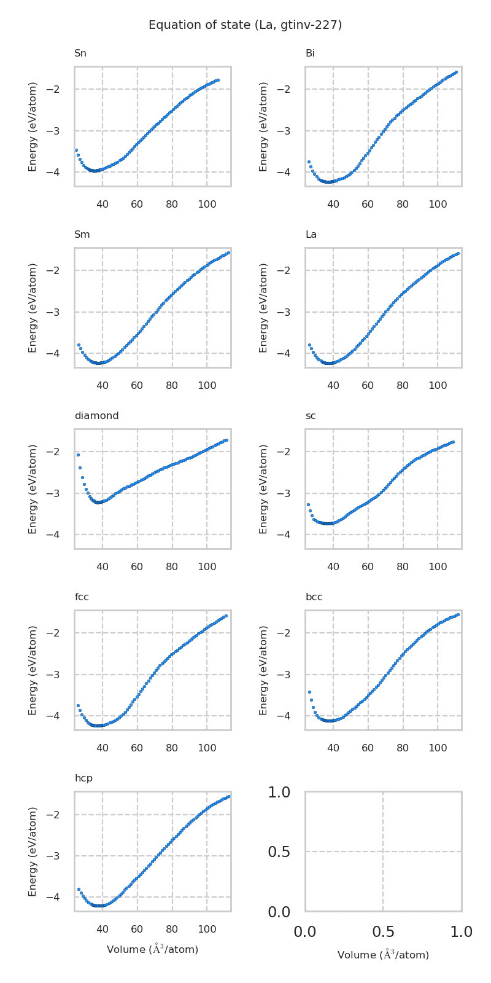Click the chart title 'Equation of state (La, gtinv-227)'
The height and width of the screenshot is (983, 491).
(245, 25)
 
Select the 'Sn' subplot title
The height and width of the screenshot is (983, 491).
(80, 53)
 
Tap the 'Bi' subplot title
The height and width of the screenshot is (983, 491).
(310, 53)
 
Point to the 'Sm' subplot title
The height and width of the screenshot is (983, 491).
(82, 235)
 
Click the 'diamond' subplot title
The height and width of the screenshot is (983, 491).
(96, 416)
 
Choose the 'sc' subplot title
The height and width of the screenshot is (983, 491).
(311, 416)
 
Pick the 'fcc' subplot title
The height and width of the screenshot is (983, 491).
(82, 597)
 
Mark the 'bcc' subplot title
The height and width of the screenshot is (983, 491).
(314, 597)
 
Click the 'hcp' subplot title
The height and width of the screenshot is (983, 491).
(83, 778)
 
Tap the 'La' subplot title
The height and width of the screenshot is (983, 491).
(311, 235)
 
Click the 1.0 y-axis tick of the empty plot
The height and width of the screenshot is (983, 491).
(279, 793)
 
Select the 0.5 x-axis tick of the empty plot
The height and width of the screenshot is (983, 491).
(383, 932)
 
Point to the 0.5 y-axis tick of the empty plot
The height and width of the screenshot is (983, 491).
(279, 852)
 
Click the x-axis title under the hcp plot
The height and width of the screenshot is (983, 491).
(152, 950)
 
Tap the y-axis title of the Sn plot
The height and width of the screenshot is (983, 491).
(33, 126)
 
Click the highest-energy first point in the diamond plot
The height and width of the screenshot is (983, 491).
(78, 455)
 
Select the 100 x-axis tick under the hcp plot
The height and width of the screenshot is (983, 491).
(207, 930)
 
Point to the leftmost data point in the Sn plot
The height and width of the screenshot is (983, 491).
(76, 150)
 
